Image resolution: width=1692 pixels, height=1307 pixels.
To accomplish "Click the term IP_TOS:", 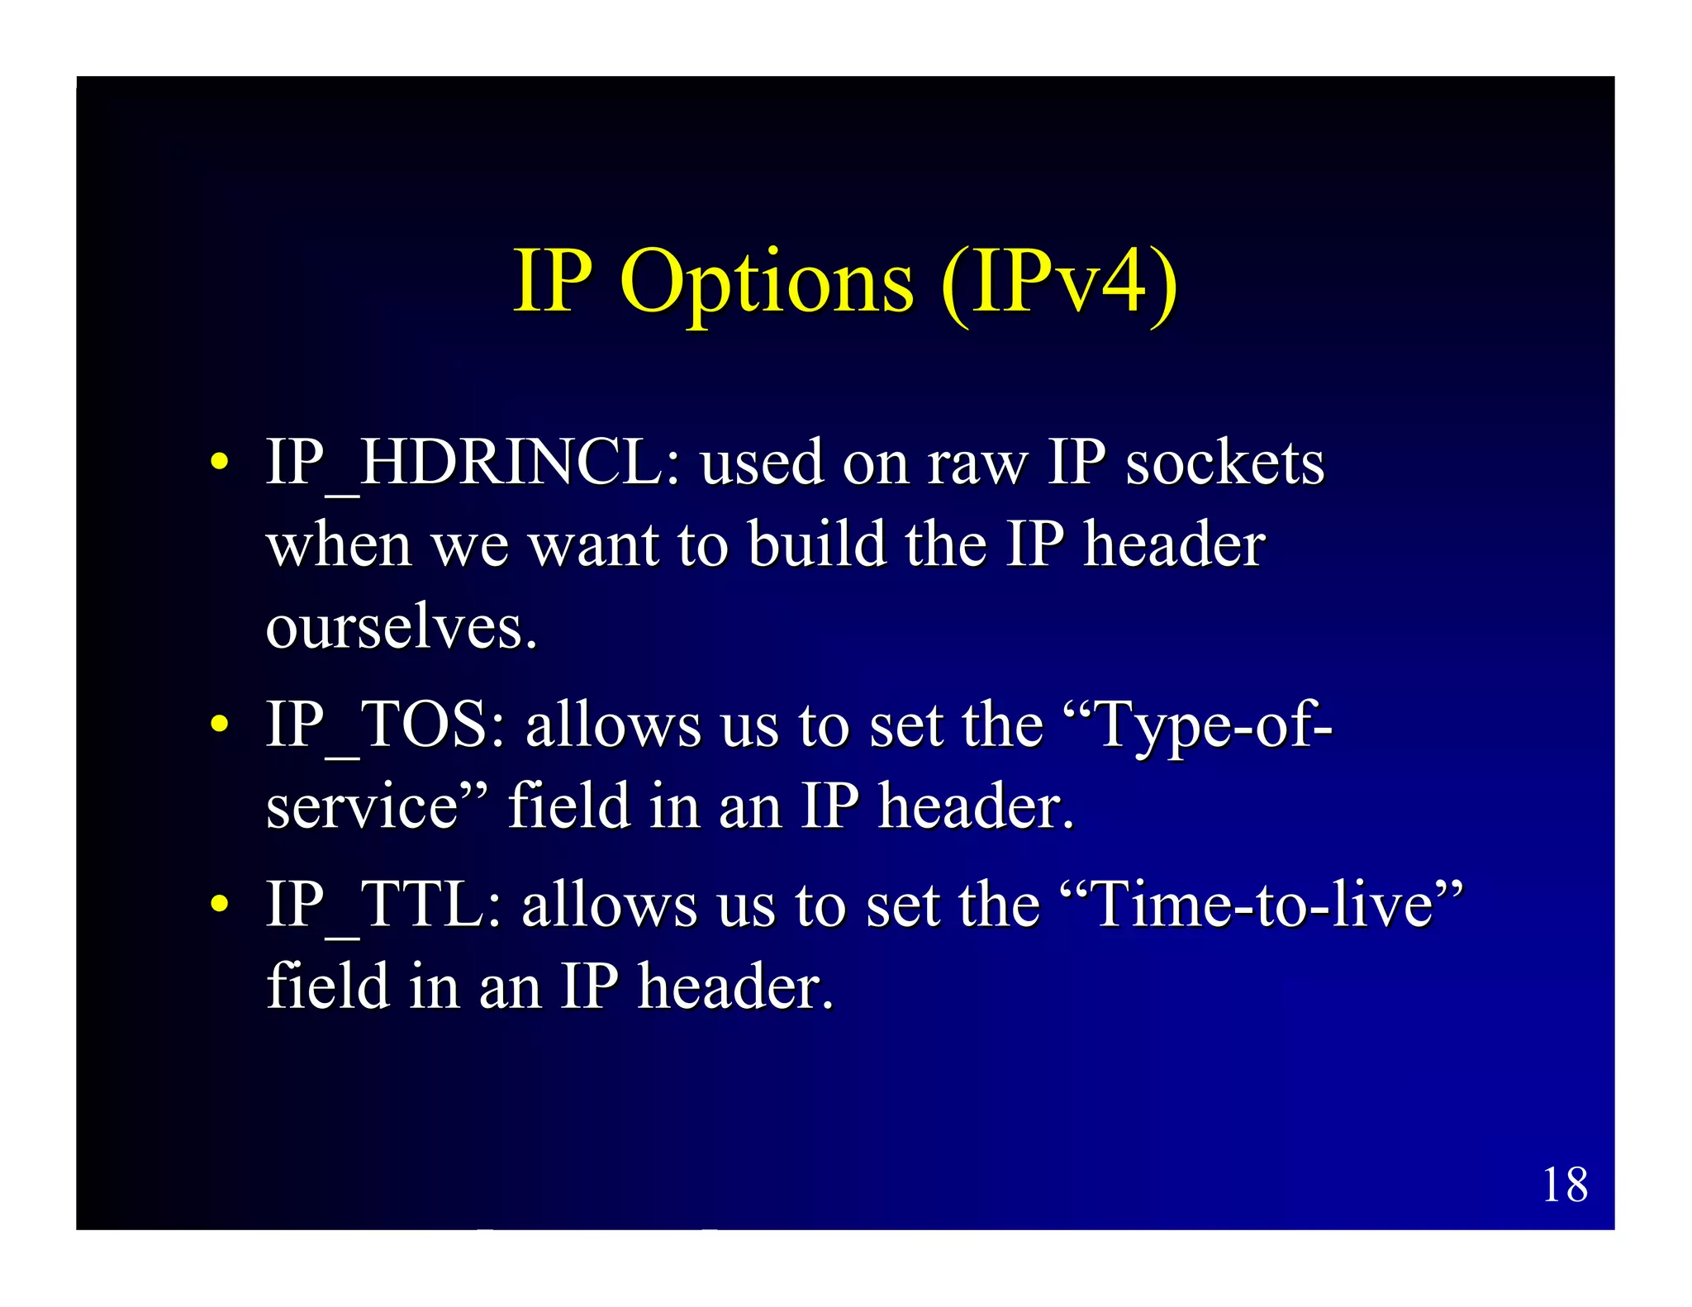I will (x=385, y=725).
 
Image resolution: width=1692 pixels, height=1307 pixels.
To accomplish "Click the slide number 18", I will (x=1565, y=1186).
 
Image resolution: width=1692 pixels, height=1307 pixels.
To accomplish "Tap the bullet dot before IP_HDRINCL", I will (x=219, y=462).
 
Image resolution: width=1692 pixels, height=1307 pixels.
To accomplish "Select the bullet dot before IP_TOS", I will (x=219, y=725).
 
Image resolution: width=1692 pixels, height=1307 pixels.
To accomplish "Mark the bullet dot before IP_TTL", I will (x=219, y=905).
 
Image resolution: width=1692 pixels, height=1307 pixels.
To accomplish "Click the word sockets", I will (x=1224, y=463).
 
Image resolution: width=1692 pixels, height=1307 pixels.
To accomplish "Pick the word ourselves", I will (x=401, y=628).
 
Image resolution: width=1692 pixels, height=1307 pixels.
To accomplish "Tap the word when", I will (x=339, y=545).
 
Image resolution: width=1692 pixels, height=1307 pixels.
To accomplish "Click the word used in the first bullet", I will (x=761, y=463).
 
